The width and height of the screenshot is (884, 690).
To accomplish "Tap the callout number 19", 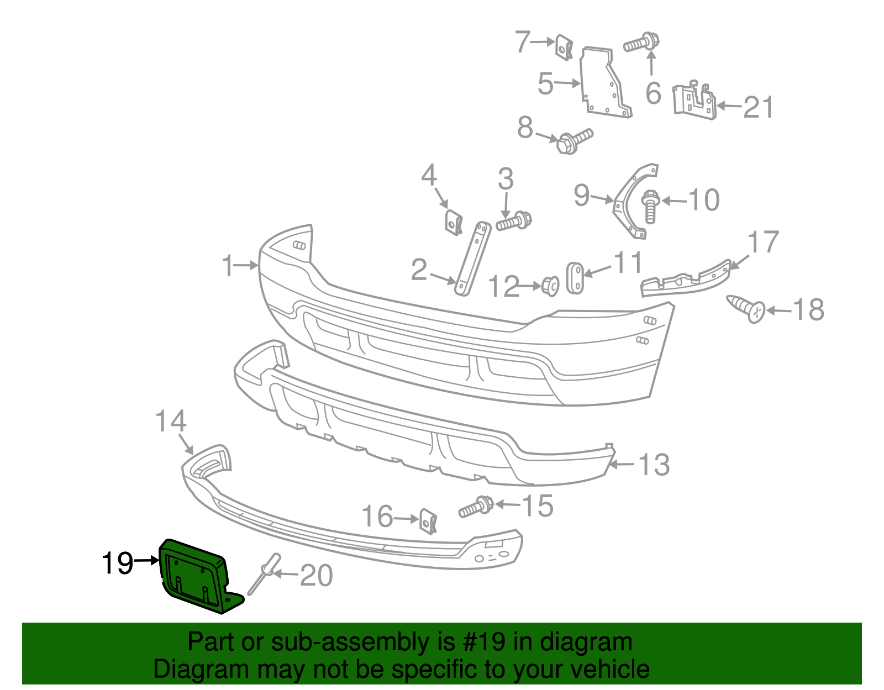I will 117,563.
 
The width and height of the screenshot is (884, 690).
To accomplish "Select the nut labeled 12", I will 550,285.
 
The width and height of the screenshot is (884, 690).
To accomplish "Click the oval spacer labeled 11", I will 575,278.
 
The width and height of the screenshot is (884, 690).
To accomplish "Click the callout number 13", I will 654,465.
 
